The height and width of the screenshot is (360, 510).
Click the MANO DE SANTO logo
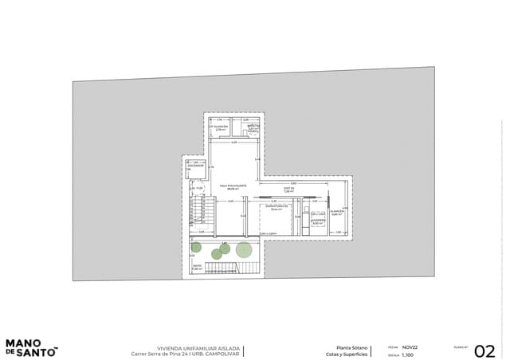point(29,347)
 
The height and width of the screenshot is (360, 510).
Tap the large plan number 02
point(484,351)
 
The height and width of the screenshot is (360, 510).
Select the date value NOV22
point(410,347)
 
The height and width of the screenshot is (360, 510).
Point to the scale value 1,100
point(408,355)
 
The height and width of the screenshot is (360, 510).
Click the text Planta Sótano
point(351,347)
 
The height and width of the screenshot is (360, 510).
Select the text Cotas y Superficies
point(347,354)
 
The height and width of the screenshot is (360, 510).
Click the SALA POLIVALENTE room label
point(233,186)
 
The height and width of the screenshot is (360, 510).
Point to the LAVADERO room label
point(318,221)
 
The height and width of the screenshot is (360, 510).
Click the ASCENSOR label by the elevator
point(196,166)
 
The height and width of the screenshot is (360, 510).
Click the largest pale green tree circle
point(244,250)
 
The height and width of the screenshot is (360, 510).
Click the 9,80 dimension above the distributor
point(292,184)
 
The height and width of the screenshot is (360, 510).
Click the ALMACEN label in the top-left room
point(218,127)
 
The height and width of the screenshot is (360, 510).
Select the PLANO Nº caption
point(461,347)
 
